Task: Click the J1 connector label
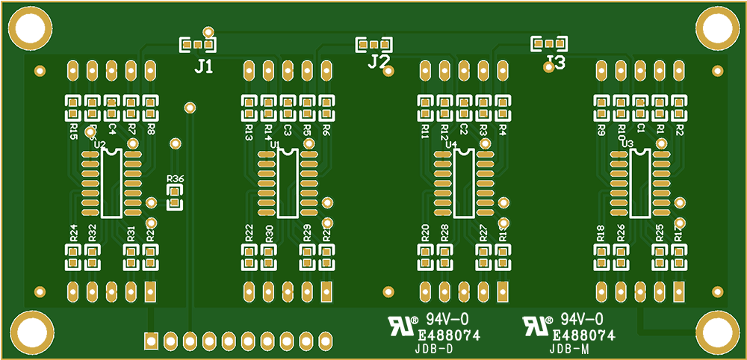(203, 67)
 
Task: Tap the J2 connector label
(379, 61)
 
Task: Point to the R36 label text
(176, 179)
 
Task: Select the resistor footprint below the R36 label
(175, 199)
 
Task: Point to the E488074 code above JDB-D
(448, 336)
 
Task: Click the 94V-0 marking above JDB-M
(582, 320)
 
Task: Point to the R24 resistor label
(73, 232)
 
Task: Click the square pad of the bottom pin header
(151, 341)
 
